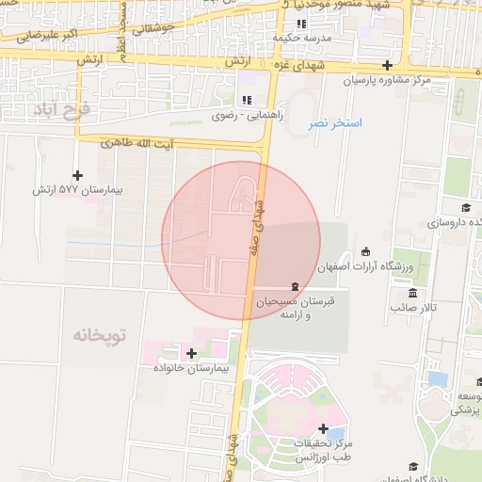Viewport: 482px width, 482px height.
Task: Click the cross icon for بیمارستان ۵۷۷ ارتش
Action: click(x=77, y=175)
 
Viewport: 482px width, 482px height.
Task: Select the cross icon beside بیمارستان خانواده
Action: click(x=192, y=354)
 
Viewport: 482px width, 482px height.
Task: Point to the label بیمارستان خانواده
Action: click(x=192, y=368)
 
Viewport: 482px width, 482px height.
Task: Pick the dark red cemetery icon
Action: click(x=296, y=285)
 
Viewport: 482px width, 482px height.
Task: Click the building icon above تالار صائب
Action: click(x=399, y=292)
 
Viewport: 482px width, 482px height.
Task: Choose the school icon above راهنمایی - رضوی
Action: click(x=247, y=100)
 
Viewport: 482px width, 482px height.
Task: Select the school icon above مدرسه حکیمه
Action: click(x=301, y=24)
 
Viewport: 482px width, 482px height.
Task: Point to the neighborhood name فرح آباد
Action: click(x=62, y=110)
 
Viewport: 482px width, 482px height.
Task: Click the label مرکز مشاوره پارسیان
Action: click(x=385, y=81)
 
